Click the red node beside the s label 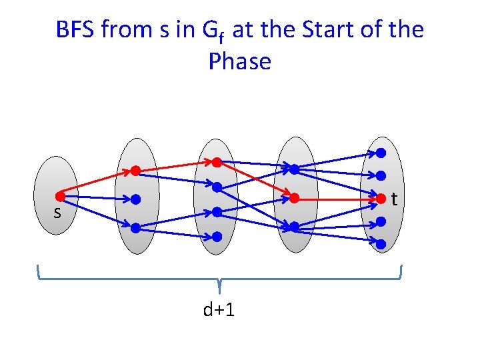click(x=60, y=197)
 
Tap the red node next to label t click(x=381, y=198)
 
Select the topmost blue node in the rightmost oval click(x=381, y=153)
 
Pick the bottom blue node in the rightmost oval click(x=381, y=244)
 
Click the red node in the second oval click(x=135, y=171)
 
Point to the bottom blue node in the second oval click(x=135, y=227)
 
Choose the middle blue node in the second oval click(x=135, y=199)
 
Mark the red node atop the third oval click(x=217, y=161)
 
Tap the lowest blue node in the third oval click(x=217, y=236)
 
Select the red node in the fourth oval click(x=293, y=198)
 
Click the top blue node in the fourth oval click(x=293, y=169)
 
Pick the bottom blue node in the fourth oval click(x=293, y=227)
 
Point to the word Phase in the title click(x=240, y=61)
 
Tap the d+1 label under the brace click(x=219, y=310)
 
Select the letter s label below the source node click(x=57, y=213)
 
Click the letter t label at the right click(x=395, y=199)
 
